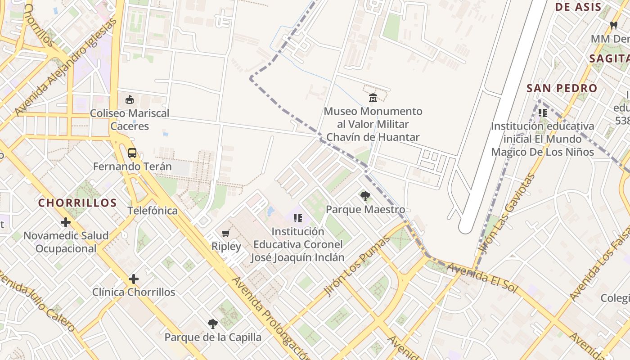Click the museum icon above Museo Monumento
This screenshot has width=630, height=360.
pos(373,98)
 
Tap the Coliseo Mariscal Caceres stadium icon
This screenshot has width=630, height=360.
pos(130,99)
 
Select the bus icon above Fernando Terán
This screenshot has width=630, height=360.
pos(132,153)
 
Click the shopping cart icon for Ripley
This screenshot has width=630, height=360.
pos(226,233)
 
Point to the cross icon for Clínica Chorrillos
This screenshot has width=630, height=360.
pos(134,279)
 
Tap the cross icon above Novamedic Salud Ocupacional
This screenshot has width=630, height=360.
pos(66,222)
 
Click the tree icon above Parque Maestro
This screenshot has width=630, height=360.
pos(365,196)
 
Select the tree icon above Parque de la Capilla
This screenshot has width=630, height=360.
pos(213,324)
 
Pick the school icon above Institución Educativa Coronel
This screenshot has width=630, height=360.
pos(297,218)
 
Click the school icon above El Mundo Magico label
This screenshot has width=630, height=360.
pos(542,112)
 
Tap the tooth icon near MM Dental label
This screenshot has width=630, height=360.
pos(613,25)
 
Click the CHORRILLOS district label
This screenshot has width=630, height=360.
pos(77,203)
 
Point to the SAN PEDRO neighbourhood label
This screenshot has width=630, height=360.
pos(562,88)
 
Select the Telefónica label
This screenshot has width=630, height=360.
pos(153,211)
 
